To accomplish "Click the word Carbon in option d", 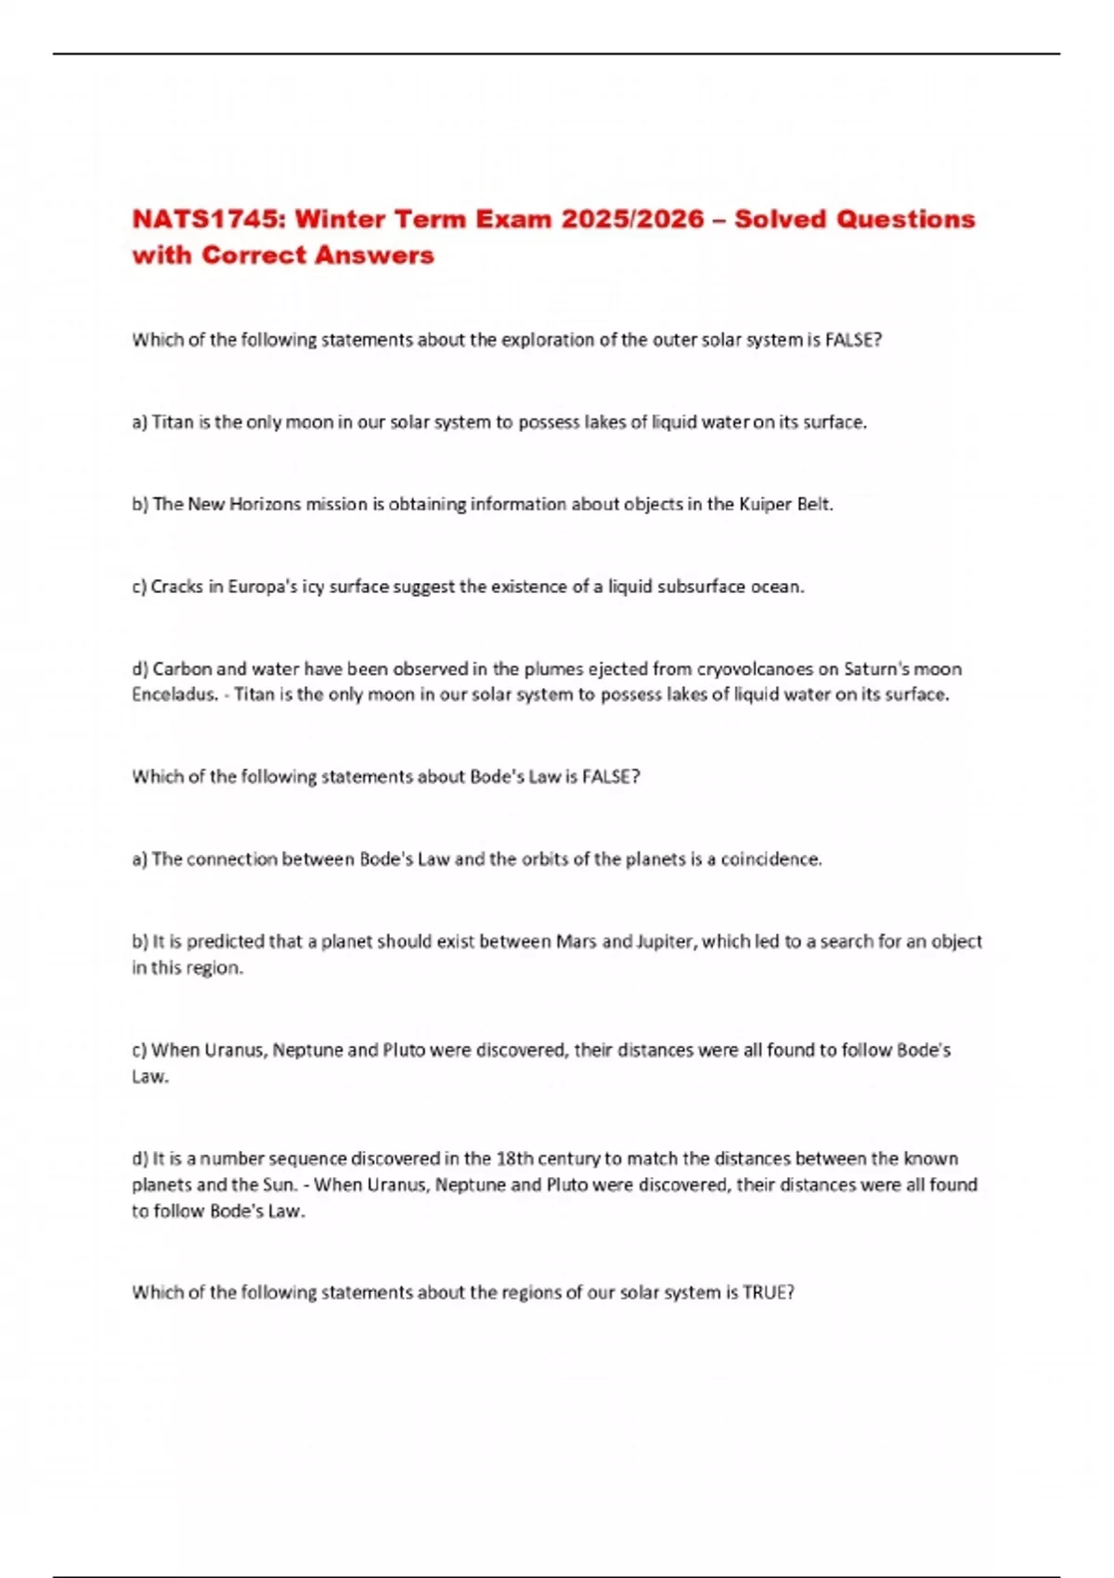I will pos(183,669).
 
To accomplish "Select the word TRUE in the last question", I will pos(768,1292).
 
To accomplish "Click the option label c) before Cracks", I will pos(139,587).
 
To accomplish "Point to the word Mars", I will pos(576,941).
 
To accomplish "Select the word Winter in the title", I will pos(340,219).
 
